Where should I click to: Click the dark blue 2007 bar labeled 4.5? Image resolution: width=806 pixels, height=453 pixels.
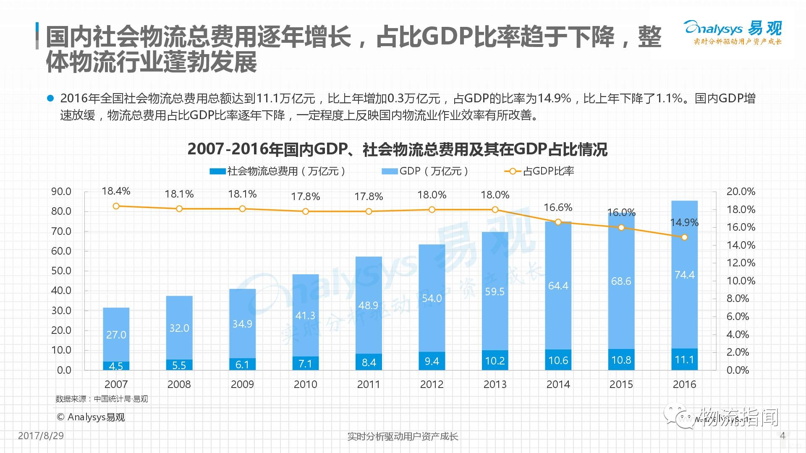click(x=116, y=366)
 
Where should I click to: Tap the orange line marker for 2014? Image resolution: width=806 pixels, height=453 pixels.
click(x=558, y=222)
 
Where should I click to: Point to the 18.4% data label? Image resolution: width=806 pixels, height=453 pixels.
click(x=116, y=191)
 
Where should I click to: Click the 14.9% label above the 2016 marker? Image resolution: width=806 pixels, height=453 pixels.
click(x=684, y=223)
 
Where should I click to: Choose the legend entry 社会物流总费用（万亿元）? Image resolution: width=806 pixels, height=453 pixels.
click(x=278, y=171)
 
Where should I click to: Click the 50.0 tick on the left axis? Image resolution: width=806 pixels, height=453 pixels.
click(x=61, y=271)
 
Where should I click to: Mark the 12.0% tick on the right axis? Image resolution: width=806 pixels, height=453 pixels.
click(x=741, y=263)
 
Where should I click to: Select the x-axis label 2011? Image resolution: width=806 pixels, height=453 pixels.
click(x=368, y=384)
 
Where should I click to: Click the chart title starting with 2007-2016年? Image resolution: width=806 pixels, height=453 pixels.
click(x=397, y=149)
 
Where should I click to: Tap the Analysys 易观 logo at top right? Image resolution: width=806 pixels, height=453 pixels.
click(x=733, y=32)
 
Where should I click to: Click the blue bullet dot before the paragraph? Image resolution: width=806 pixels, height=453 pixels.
click(x=50, y=99)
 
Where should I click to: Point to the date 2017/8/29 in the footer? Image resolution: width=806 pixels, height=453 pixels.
click(x=41, y=435)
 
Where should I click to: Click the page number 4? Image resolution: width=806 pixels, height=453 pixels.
click(x=782, y=435)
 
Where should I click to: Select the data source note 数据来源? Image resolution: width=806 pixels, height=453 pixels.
click(x=102, y=399)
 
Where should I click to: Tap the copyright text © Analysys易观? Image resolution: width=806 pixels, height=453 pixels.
click(x=91, y=417)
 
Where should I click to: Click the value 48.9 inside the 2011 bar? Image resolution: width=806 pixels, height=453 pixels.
click(x=368, y=305)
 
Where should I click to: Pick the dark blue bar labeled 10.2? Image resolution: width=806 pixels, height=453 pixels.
click(x=495, y=360)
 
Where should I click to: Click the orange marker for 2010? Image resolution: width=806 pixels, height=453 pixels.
click(x=306, y=211)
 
